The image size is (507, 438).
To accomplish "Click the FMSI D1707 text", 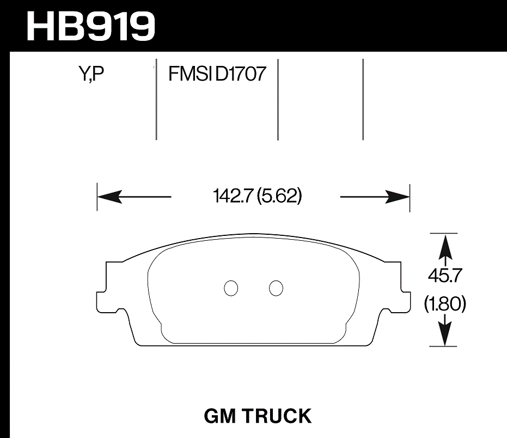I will [x=217, y=74].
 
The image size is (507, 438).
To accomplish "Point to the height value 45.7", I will [x=445, y=277].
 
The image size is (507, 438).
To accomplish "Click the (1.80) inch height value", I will [x=445, y=305].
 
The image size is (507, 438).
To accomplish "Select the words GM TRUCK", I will [x=258, y=416].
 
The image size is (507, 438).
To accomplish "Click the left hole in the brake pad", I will [x=231, y=288].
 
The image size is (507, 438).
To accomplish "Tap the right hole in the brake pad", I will [x=276, y=288].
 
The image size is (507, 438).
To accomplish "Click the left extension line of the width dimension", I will [x=97, y=197].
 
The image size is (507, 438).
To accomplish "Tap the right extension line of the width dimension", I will [x=409, y=197].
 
